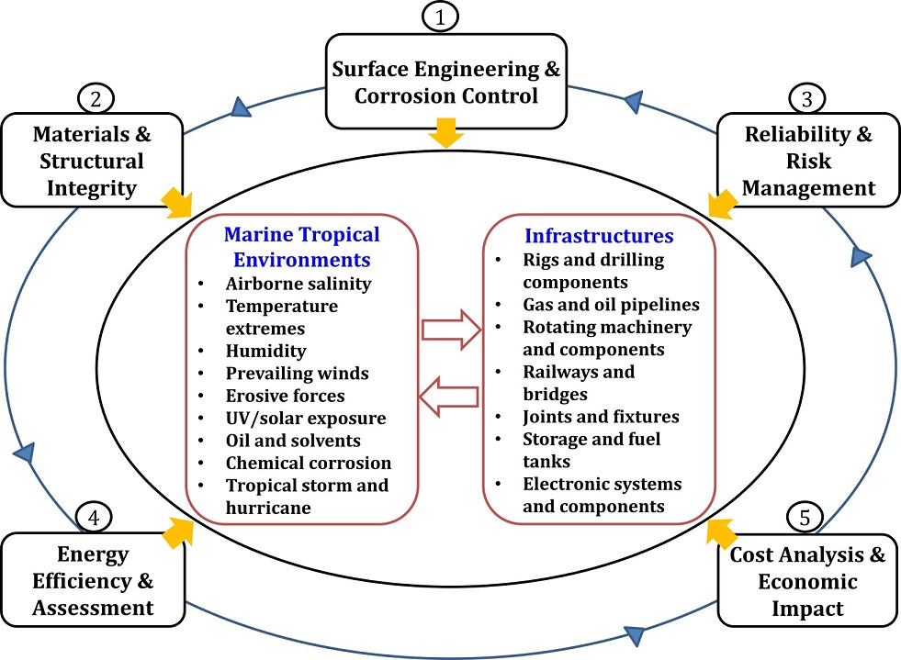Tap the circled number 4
(x=94, y=518)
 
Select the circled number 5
(x=805, y=518)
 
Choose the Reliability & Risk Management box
(x=808, y=162)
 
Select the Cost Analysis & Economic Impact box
(x=807, y=581)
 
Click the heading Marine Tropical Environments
(x=302, y=246)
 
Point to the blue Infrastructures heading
(x=599, y=235)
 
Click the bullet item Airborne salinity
(x=298, y=284)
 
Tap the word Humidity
(x=265, y=351)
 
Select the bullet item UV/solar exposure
(x=306, y=418)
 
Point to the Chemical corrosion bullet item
(x=309, y=463)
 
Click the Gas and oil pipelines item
(x=611, y=304)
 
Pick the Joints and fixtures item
(x=601, y=417)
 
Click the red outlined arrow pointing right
(x=451, y=329)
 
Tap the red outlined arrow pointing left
(x=450, y=395)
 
